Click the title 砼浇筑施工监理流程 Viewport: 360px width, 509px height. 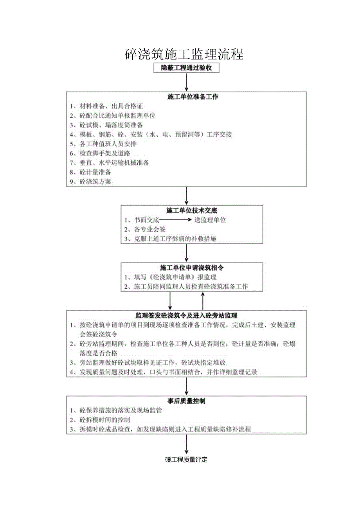click(x=184, y=54)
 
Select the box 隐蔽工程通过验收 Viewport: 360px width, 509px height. click(x=187, y=68)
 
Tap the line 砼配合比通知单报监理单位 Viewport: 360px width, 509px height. click(x=113, y=116)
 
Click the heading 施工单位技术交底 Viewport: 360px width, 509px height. click(x=186, y=210)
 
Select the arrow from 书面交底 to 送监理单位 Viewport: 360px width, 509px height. click(x=176, y=220)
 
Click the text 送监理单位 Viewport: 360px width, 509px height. click(x=210, y=220)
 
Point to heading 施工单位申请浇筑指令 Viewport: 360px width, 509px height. click(x=186, y=268)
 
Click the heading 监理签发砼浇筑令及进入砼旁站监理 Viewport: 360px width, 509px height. click(x=186, y=315)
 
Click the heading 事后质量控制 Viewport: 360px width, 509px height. click(x=186, y=401)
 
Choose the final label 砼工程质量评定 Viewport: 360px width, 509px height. click(x=186, y=460)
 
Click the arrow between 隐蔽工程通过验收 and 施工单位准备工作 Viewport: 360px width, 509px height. click(x=187, y=83)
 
